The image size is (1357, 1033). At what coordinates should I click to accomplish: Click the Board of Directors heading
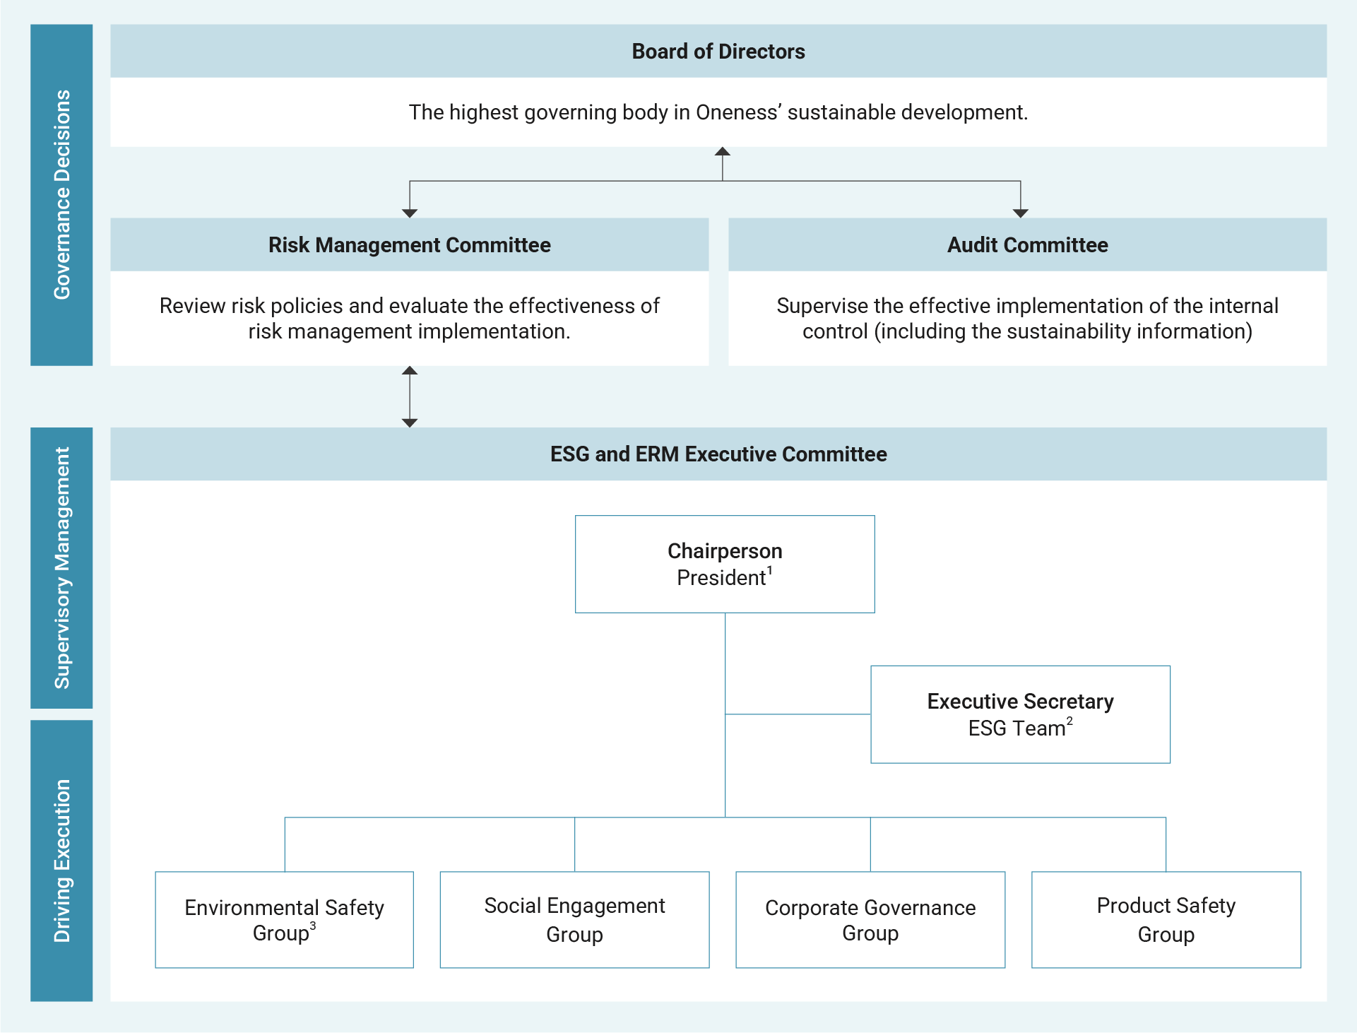718,52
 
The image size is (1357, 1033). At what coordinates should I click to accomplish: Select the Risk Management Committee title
409,245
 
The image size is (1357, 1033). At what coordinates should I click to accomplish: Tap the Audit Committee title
1027,245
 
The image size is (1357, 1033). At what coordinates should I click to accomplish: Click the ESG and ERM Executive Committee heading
718,454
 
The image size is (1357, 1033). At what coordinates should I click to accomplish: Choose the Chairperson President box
725,564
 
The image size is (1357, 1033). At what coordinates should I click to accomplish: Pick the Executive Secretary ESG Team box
1020,714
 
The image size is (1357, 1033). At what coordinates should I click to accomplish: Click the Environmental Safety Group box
284,919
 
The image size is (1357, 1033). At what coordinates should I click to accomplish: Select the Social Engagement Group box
574,919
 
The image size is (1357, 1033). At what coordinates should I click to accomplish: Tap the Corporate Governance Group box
870,919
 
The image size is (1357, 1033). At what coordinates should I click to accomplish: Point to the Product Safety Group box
1166,919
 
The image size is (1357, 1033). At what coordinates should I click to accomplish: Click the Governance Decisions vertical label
61,195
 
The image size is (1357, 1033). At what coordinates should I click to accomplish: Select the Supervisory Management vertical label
61,567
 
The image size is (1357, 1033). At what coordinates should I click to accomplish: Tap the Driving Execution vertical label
61,861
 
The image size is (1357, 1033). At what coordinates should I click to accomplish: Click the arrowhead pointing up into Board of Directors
722,151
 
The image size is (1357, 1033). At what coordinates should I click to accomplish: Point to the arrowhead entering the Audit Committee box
1020,213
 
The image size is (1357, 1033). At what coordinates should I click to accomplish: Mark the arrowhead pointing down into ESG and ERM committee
410,423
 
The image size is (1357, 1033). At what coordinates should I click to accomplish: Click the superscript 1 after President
770,570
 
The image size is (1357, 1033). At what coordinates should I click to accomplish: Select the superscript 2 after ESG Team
1069,721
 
